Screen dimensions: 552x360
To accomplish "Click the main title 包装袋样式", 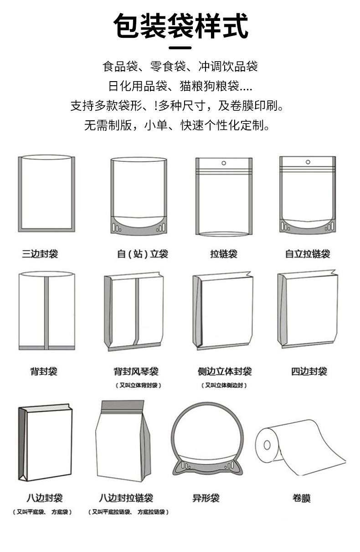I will coord(180,26).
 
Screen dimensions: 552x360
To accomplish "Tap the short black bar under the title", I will coord(180,47).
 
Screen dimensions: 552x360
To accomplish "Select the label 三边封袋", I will coord(40,254).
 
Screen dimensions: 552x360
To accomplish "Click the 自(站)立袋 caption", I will coord(143,254).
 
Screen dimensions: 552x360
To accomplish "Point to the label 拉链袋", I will coord(223,254).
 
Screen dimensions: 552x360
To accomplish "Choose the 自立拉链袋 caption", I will coord(308,254).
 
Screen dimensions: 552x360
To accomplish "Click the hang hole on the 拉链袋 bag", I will coord(223,163).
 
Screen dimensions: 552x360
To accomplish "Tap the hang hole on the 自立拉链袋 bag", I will coord(308,161).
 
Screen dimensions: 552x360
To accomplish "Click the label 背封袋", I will coord(44,371).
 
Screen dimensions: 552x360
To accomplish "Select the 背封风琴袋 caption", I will coord(136,371).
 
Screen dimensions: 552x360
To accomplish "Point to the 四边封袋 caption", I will coord(309,371).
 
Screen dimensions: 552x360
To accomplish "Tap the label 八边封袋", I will coord(44,498).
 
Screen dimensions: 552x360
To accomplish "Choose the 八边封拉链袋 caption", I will coord(126,498).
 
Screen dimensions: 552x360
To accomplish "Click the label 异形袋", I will coord(206,498).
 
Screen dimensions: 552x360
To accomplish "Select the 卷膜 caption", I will coord(301,498).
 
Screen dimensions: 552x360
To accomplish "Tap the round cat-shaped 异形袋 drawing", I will coord(205,438).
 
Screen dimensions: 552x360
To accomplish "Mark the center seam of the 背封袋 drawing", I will coord(46,312).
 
